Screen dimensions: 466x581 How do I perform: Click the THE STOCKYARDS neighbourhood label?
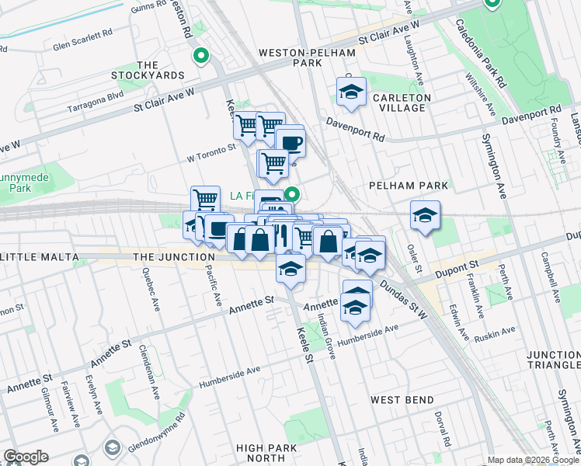(159, 70)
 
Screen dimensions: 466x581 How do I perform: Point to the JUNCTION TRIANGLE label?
(552, 360)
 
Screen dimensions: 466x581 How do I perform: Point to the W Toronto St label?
(210, 148)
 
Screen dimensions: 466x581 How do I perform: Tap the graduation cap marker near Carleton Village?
(351, 92)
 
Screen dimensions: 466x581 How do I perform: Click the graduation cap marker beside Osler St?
(425, 215)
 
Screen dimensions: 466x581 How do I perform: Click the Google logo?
(26, 457)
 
